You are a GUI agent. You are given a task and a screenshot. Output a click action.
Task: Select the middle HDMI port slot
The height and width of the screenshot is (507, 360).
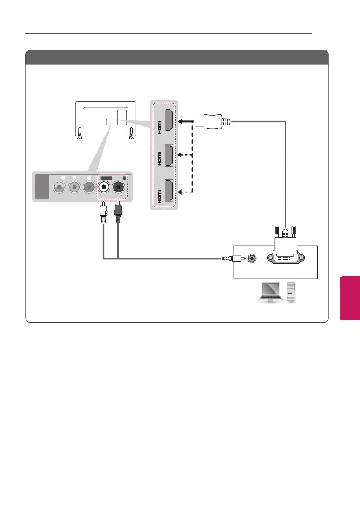[x=168, y=156]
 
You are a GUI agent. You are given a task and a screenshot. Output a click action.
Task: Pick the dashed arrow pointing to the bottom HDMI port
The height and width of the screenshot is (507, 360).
[x=186, y=192]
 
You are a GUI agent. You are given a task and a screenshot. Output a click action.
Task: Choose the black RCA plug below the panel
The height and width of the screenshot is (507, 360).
[x=118, y=214]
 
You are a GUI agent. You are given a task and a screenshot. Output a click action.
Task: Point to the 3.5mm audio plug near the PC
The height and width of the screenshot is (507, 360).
[x=233, y=257]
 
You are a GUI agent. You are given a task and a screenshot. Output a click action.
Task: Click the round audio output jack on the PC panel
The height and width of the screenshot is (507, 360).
[x=253, y=257]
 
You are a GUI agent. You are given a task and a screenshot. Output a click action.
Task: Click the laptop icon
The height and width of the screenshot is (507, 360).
[x=270, y=292]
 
